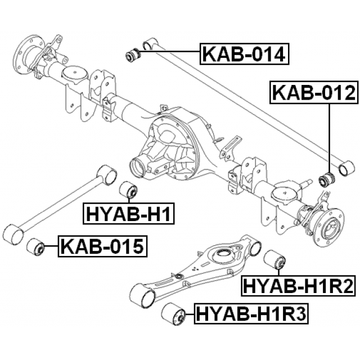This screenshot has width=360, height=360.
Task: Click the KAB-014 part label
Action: pyautogui.click(x=244, y=55)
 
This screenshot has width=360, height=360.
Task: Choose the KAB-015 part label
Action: pyautogui.click(x=102, y=246)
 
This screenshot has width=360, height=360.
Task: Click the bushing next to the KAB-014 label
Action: pyautogui.click(x=133, y=55)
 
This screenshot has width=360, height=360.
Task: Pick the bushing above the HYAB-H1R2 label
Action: pyautogui.click(x=275, y=260)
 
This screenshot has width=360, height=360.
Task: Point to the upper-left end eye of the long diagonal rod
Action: pyautogui.click(x=149, y=44)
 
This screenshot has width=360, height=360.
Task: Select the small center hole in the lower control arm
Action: pyautogui.click(x=178, y=277)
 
